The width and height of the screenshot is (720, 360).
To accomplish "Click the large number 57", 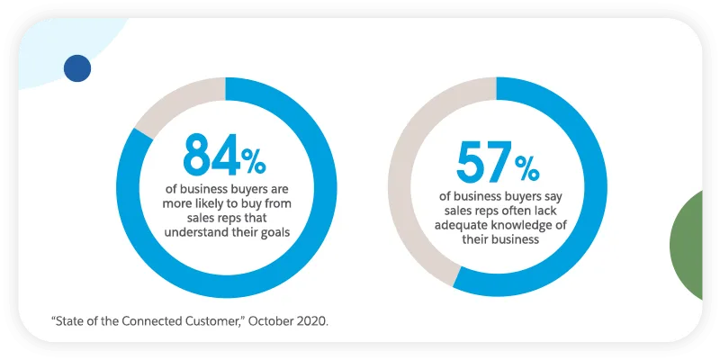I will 482,162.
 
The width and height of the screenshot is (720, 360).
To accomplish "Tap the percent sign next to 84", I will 253,161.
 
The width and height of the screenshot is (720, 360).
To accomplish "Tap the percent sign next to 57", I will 526,169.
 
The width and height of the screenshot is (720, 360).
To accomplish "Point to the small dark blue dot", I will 77,67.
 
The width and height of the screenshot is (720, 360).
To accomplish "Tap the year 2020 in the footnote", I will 310,320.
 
